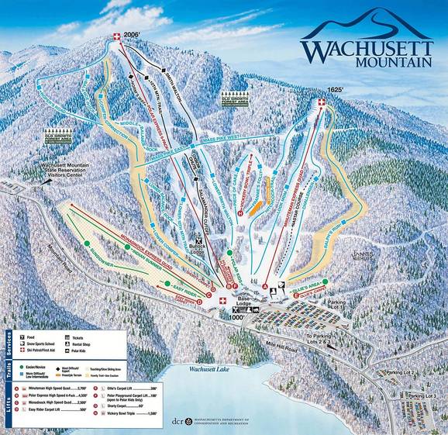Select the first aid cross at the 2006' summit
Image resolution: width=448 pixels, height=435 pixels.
click(x=118, y=36)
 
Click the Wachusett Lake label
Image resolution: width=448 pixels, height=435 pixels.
click(x=199, y=369)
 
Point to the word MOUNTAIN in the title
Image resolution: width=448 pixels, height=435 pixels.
click(x=386, y=61)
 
